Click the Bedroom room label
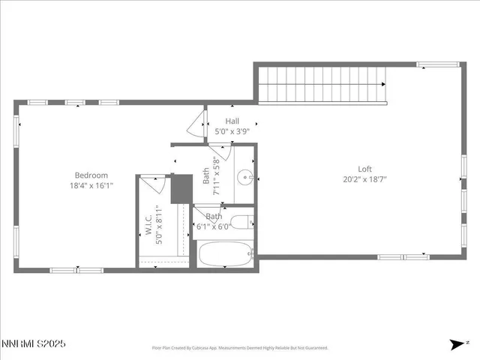tap(90, 175)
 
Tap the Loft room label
tap(364, 169)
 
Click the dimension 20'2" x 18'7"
tap(364, 180)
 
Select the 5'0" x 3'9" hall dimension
tap(232, 131)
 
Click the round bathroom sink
tap(244, 178)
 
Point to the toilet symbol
tap(242, 222)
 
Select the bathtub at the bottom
tap(226, 253)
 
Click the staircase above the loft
tap(322, 84)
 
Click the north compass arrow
tap(457, 343)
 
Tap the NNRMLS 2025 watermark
tap(34, 343)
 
